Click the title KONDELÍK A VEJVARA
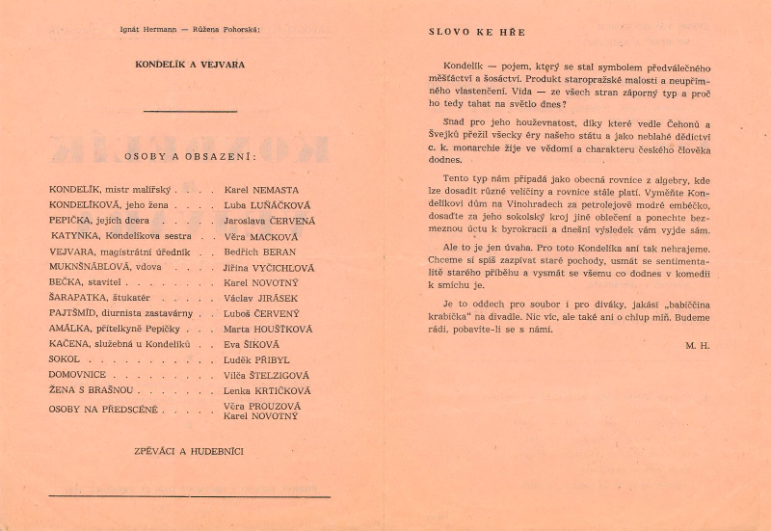(x=190, y=65)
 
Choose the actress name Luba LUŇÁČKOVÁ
(x=265, y=205)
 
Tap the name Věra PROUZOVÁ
(x=263, y=406)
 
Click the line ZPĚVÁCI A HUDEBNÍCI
(x=190, y=450)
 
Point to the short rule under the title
(x=190, y=111)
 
